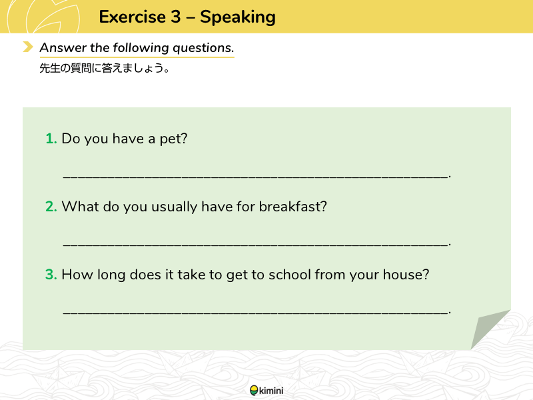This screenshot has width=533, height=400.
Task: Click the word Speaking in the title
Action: click(238, 17)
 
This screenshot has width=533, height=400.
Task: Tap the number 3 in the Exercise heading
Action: click(176, 17)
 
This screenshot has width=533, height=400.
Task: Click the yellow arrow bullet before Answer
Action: click(28, 47)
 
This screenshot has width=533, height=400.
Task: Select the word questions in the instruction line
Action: click(203, 48)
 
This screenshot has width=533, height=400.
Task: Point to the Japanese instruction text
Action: click(105, 68)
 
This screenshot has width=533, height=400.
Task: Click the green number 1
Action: click(51, 139)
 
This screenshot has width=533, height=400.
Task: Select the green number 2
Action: click(51, 207)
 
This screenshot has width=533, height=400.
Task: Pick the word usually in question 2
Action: click(174, 207)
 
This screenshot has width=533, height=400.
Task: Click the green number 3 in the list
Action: click(51, 275)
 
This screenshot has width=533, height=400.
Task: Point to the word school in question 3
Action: click(290, 275)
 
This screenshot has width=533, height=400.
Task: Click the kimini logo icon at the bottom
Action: click(254, 391)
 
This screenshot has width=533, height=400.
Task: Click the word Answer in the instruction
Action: click(63, 47)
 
